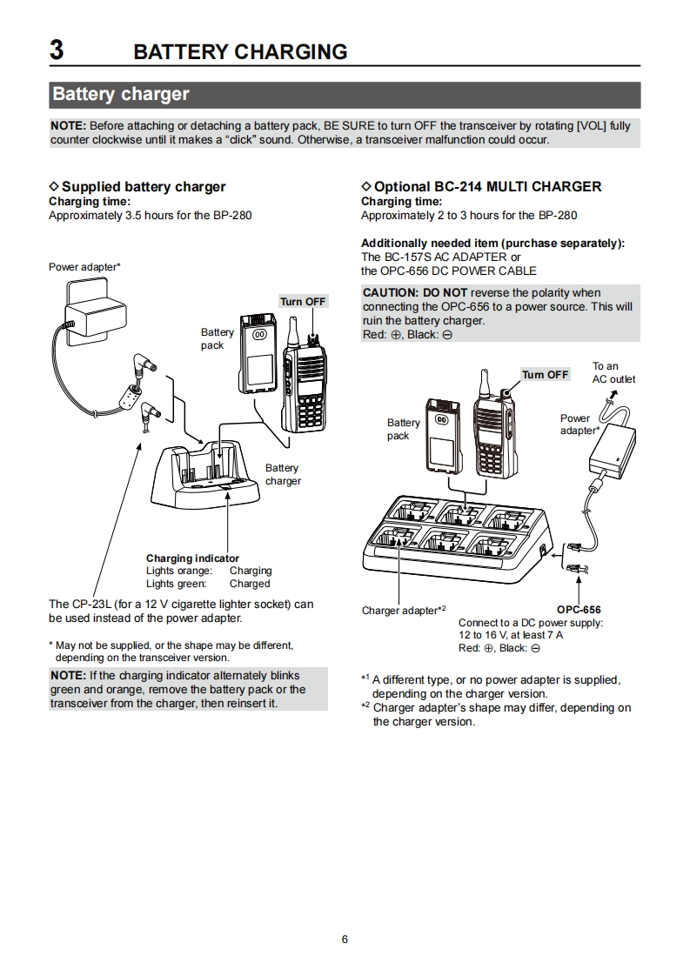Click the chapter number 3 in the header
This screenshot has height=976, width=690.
coord(57,50)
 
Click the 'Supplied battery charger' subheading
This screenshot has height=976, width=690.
coord(143,186)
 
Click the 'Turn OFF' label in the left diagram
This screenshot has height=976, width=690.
coord(303,301)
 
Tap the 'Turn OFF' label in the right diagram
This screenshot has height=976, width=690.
coord(545,375)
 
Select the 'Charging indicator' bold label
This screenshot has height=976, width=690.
coord(192,558)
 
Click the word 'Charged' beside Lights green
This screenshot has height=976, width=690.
coord(250,584)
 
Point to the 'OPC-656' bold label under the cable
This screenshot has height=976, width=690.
coord(579,610)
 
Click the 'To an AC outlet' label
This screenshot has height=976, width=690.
coord(614,372)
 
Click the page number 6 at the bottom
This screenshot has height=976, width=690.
coord(345,939)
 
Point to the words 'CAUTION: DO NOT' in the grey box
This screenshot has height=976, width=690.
coord(415,293)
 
